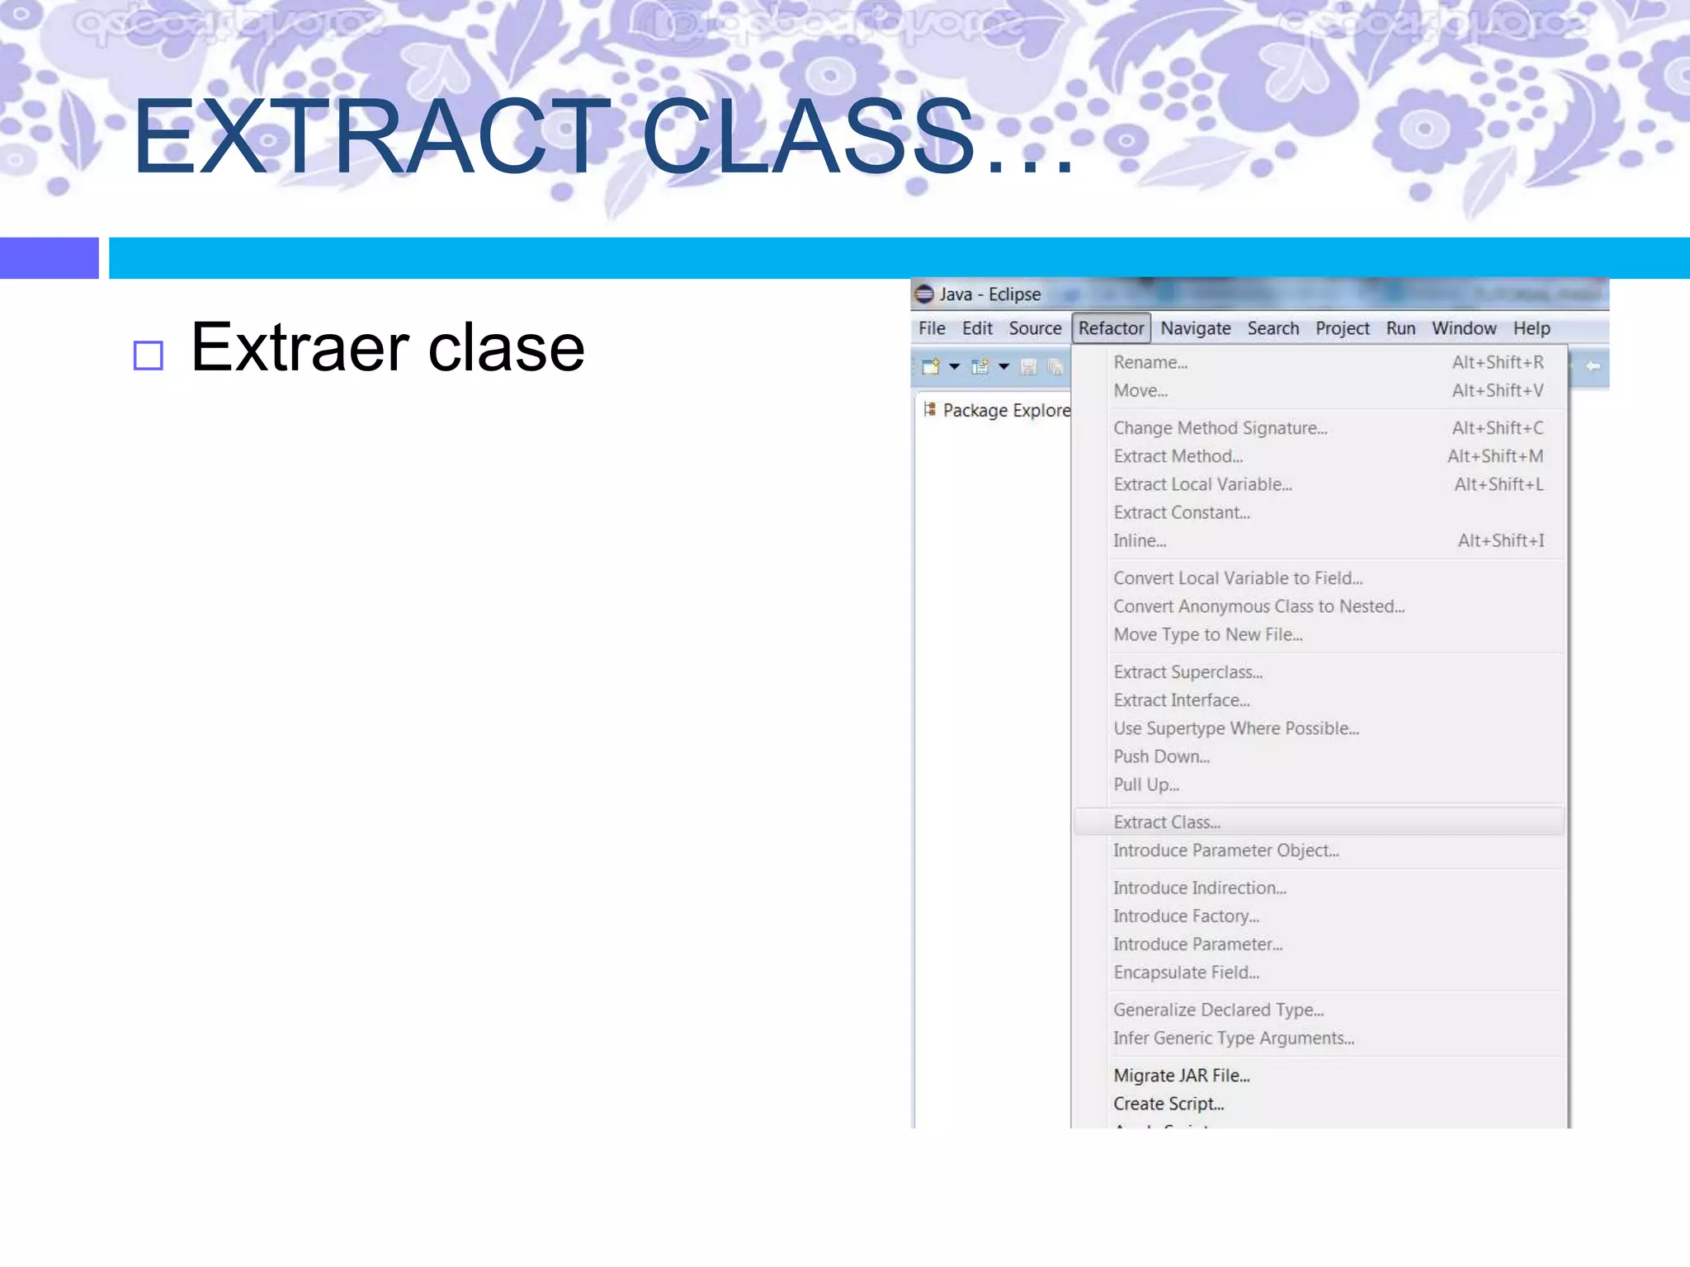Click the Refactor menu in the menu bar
pyautogui.click(x=1111, y=328)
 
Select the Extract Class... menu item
pyautogui.click(x=1167, y=822)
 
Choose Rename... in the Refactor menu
pyautogui.click(x=1150, y=362)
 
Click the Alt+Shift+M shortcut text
pyautogui.click(x=1495, y=456)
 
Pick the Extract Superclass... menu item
pyautogui.click(x=1187, y=672)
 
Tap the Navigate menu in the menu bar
pyautogui.click(x=1195, y=328)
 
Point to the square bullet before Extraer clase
pyautogui.click(x=149, y=356)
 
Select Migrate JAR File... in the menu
pyautogui.click(x=1181, y=1076)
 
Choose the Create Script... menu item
pyautogui.click(x=1168, y=1104)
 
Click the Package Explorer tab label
pyautogui.click(x=1006, y=410)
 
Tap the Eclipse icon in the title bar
pyautogui.click(x=924, y=294)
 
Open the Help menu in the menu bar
pyautogui.click(x=1531, y=328)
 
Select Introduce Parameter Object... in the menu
pyautogui.click(x=1225, y=850)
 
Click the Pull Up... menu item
pyautogui.click(x=1146, y=784)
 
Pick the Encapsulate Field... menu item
pyautogui.click(x=1186, y=973)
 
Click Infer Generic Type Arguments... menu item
pyautogui.click(x=1233, y=1039)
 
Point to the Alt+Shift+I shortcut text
pyautogui.click(x=1500, y=541)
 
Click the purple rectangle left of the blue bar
pyautogui.click(x=50, y=258)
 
